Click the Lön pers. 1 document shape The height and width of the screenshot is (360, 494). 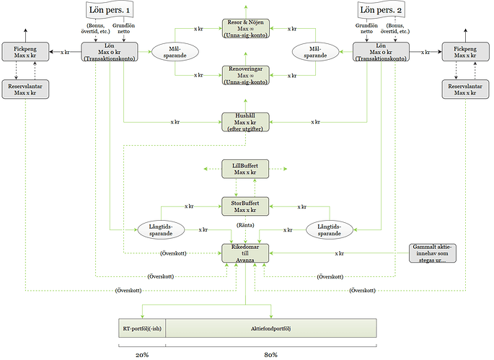pyautogui.click(x=108, y=11)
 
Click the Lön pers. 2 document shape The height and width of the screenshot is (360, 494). pyautogui.click(x=380, y=11)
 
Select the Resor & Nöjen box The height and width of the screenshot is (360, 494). pyautogui.click(x=244, y=27)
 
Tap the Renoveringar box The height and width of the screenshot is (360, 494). pyautogui.click(x=244, y=74)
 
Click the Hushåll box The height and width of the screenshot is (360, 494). pyautogui.click(x=244, y=123)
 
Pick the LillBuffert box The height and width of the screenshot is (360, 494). pyautogui.click(x=244, y=170)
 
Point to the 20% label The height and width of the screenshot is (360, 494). pyautogui.click(x=142, y=354)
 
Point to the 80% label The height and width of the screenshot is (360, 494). pyautogui.click(x=271, y=354)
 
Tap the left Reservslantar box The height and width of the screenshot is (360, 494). pyautogui.click(x=25, y=90)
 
